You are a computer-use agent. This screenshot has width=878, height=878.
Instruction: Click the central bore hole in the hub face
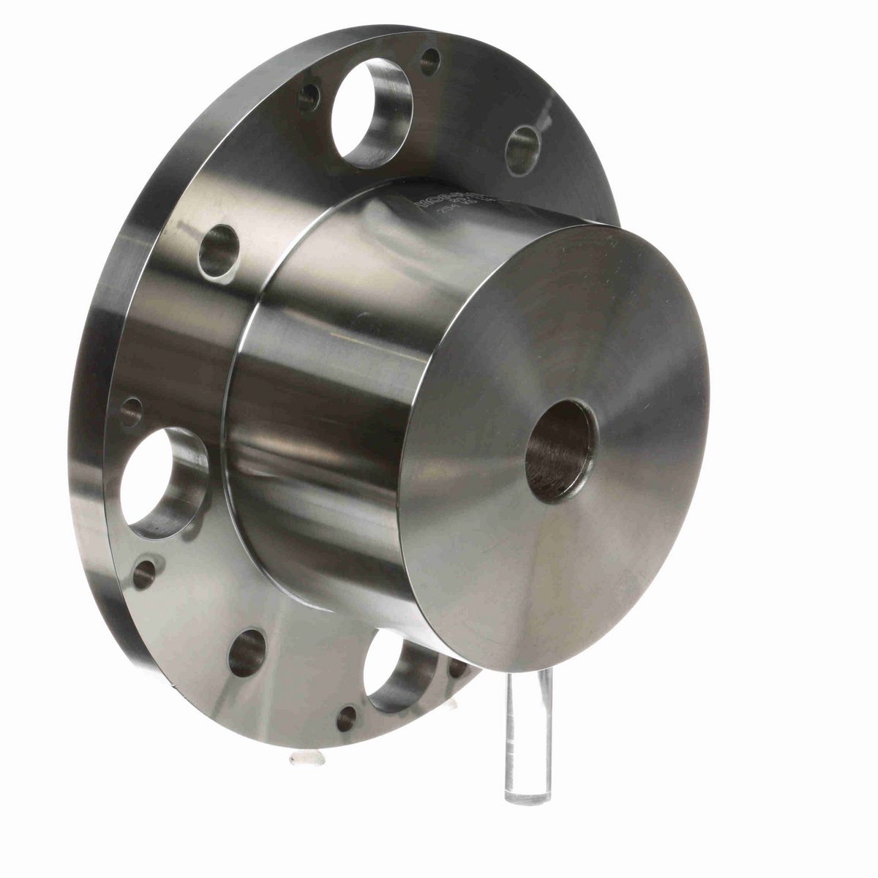click(560, 451)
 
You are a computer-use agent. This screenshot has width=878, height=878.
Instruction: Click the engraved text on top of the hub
click(446, 202)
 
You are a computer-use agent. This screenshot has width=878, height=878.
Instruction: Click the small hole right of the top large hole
click(430, 61)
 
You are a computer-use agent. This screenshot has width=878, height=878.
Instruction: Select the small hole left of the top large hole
click(309, 97)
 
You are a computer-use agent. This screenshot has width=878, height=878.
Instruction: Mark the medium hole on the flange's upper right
click(522, 150)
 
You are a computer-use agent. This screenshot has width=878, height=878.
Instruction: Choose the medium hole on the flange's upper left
click(219, 251)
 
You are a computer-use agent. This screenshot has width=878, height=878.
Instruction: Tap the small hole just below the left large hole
click(143, 574)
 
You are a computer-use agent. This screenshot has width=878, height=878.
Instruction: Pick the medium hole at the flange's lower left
click(247, 653)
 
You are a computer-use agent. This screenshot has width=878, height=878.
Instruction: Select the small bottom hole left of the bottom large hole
click(346, 718)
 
